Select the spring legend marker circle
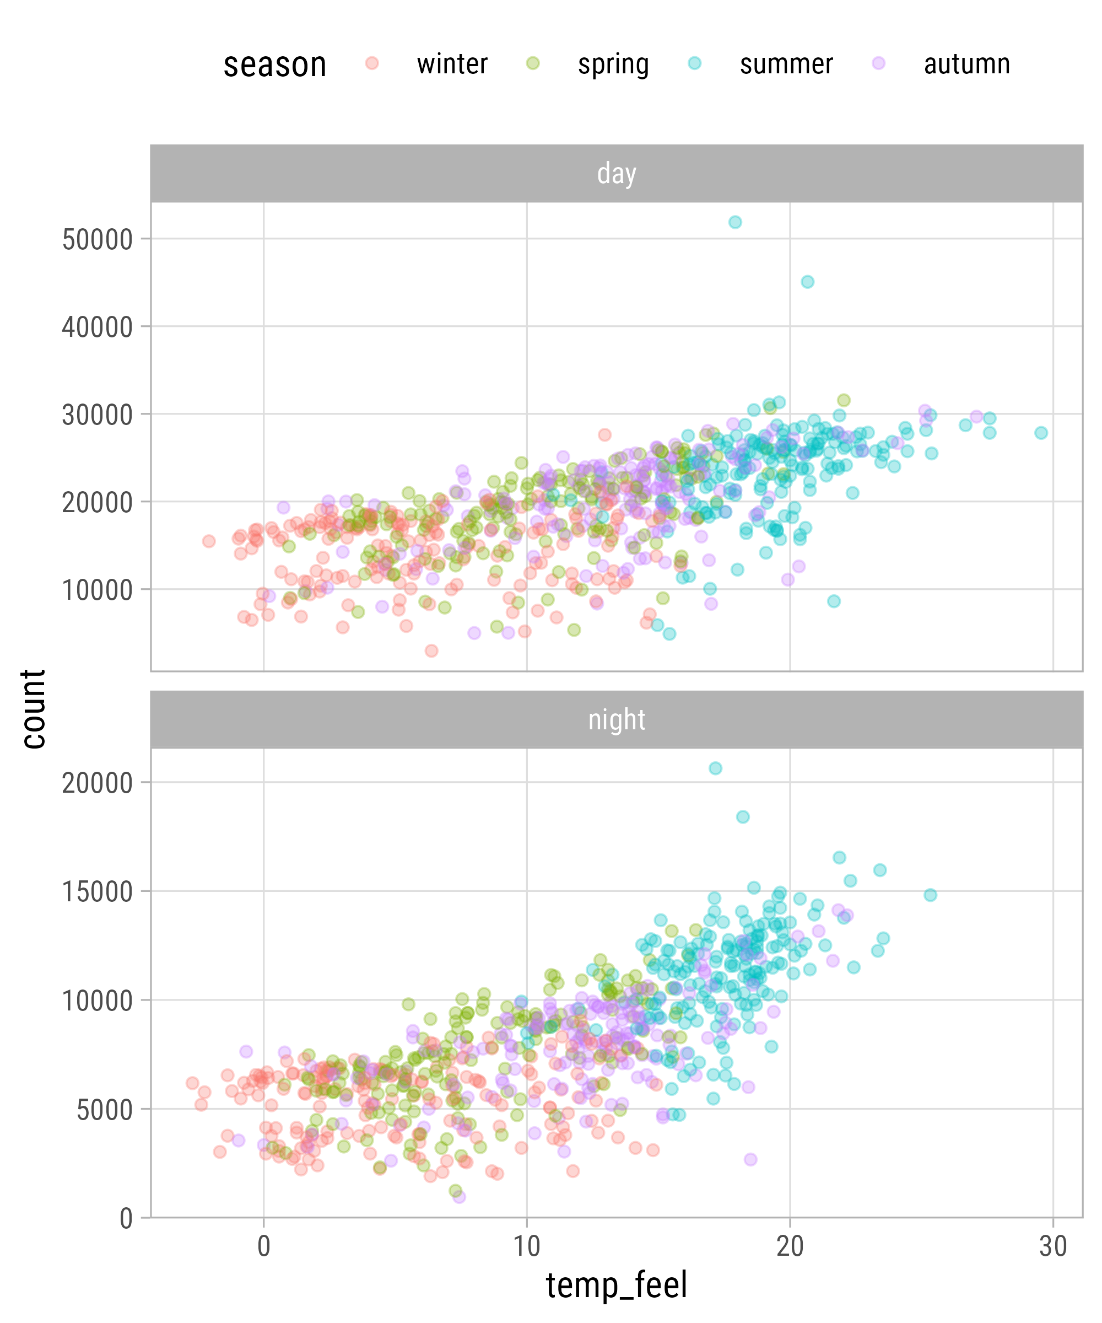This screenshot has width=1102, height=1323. coord(533,63)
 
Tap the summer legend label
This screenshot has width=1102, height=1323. coord(786,64)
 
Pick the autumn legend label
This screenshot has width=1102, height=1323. coord(966,64)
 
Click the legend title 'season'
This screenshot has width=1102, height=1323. coord(274,65)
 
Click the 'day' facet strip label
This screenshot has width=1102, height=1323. coord(617,173)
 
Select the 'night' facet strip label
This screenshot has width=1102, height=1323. coord(617,719)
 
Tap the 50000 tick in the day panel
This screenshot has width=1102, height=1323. coord(98,240)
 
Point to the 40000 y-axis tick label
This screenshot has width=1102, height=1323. coord(98,327)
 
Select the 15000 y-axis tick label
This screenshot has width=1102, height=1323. coord(98,892)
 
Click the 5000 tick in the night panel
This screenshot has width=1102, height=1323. coord(105,1110)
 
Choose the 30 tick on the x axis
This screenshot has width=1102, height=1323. coord(1053,1247)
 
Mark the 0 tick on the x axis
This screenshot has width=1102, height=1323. coord(264,1247)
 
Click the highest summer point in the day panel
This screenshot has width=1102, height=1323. coord(735,222)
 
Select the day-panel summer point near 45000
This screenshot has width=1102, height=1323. coord(807,282)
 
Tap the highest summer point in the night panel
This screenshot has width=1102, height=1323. coord(715,768)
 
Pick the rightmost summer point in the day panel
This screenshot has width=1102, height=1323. coord(1041,433)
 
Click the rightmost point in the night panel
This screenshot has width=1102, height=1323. coord(930,895)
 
